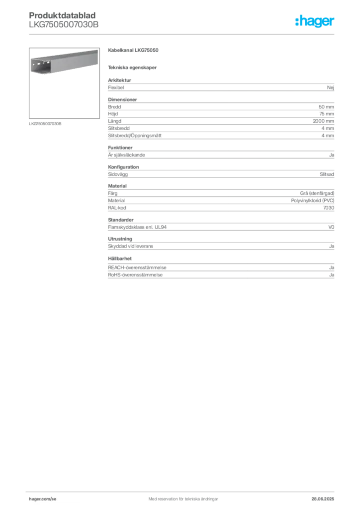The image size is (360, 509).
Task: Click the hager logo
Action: (x=315, y=21)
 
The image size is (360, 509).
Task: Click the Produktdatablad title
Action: (x=62, y=15)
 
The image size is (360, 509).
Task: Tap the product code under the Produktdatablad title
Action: (x=64, y=25)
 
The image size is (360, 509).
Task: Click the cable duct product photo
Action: (x=64, y=83)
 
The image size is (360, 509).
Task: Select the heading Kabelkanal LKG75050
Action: (x=133, y=50)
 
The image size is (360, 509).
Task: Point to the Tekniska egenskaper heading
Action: (x=132, y=68)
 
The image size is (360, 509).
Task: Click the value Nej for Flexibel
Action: (x=331, y=87)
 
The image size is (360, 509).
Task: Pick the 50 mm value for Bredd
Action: (x=326, y=107)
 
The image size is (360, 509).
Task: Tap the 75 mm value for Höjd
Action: (x=327, y=114)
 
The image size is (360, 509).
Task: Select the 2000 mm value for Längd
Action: (x=323, y=121)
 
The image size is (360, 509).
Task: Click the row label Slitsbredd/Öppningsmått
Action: (x=135, y=136)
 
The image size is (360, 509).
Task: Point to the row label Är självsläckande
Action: (x=127, y=155)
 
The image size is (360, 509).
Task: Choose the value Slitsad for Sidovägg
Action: (x=327, y=174)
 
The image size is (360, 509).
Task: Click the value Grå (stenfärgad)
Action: (x=317, y=193)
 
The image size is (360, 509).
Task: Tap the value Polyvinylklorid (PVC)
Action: (x=313, y=201)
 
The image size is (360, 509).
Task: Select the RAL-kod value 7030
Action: (x=329, y=208)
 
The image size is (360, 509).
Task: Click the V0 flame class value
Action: (x=331, y=227)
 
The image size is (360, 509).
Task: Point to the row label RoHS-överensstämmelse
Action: (x=135, y=275)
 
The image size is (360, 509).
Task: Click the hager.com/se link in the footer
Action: (x=43, y=499)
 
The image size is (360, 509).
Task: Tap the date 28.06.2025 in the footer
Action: (x=323, y=499)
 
